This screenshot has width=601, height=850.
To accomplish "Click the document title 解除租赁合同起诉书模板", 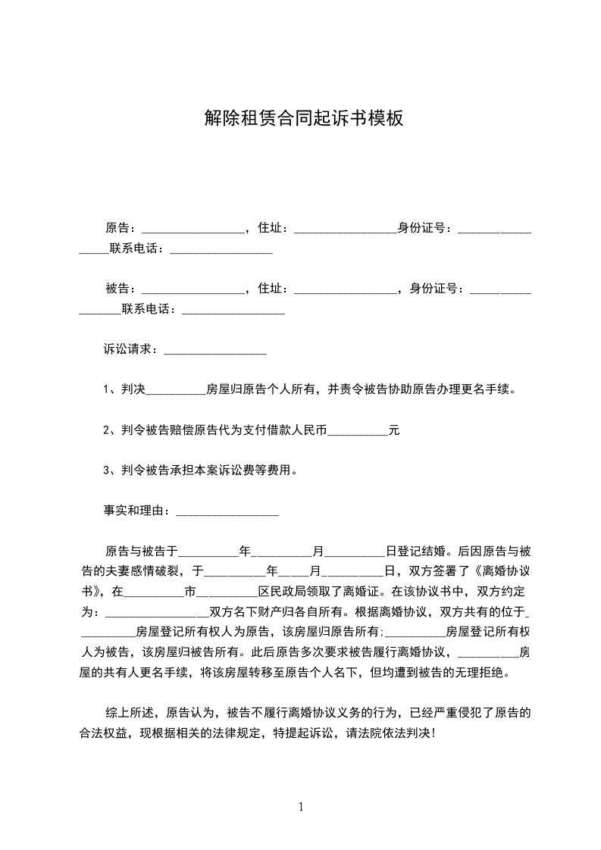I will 302,118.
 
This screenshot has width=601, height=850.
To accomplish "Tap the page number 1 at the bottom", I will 301,807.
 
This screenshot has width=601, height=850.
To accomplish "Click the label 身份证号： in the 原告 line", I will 427,227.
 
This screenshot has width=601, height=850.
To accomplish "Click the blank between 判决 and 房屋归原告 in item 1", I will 175,391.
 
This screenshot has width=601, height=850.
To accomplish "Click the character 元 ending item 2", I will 394,430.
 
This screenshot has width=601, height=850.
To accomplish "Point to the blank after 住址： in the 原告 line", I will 344,229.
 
